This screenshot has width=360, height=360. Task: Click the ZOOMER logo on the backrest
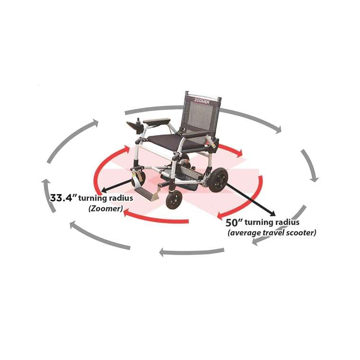click(x=202, y=100)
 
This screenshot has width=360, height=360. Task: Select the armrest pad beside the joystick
click(x=156, y=122)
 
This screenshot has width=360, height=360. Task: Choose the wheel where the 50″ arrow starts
click(x=218, y=180)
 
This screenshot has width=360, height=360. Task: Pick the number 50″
click(x=234, y=223)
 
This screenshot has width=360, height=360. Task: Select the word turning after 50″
click(x=261, y=223)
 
